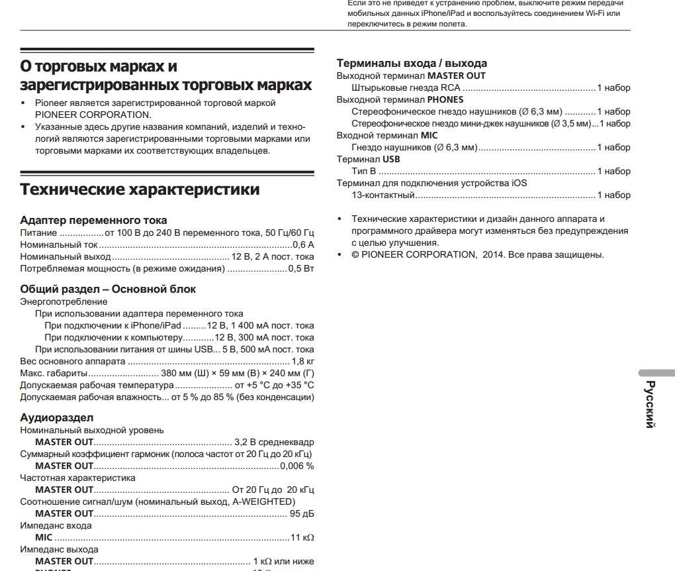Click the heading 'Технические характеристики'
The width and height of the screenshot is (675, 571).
(x=140, y=189)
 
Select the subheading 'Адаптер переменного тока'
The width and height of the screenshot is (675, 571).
(x=93, y=220)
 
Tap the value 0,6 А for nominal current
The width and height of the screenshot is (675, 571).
(x=303, y=244)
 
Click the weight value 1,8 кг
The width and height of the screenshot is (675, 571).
(x=302, y=361)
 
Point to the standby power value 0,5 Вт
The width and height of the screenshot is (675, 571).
(x=301, y=268)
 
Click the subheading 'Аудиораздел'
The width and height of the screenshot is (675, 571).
(x=57, y=417)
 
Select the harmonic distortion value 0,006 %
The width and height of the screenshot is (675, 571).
(x=296, y=466)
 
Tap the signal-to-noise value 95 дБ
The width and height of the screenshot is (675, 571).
(x=302, y=513)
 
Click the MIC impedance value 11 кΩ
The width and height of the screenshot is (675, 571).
(x=302, y=537)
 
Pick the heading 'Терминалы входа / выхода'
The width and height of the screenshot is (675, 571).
(x=412, y=64)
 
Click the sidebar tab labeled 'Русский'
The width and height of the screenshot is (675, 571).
(x=651, y=404)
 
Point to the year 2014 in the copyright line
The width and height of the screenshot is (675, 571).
(x=492, y=254)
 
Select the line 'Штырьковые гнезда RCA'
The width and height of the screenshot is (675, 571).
(x=406, y=87)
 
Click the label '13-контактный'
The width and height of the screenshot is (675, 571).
(x=383, y=195)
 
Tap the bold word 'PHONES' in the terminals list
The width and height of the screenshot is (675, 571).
(x=445, y=99)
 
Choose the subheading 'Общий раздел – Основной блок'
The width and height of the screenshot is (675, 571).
(x=108, y=289)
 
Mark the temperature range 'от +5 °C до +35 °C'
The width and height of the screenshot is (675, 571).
(x=274, y=385)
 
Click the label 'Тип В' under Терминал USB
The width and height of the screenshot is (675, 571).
(x=363, y=171)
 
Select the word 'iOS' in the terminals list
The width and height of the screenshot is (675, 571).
(x=519, y=183)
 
